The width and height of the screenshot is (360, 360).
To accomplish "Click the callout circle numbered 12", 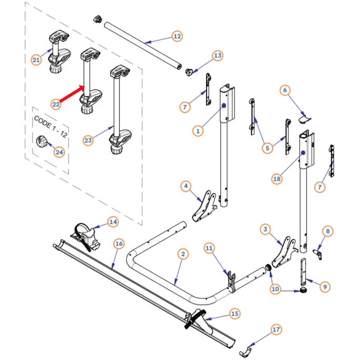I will (x=176, y=37).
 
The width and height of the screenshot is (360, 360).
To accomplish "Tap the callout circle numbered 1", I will (x=197, y=131).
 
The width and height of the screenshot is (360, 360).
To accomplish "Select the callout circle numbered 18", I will (x=277, y=178).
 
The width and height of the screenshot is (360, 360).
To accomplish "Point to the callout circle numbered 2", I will (x=183, y=254).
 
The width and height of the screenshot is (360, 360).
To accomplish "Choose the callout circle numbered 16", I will (x=118, y=244).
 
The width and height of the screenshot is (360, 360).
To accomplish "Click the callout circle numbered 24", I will (x=60, y=152).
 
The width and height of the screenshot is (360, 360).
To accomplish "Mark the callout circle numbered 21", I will (x=36, y=60).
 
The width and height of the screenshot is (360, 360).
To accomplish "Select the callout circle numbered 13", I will (x=218, y=56).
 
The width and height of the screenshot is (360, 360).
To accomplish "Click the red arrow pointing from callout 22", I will (x=72, y=94).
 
